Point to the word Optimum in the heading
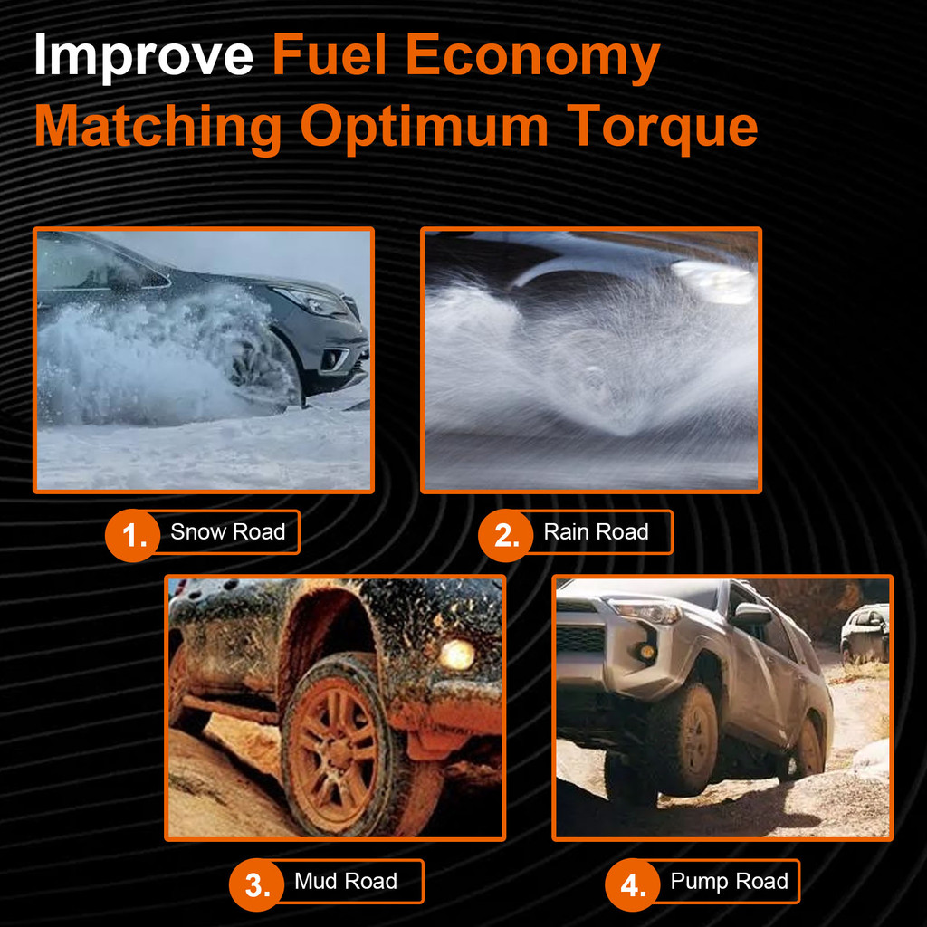click(x=425, y=128)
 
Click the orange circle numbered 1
click(x=132, y=535)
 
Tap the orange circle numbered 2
click(x=505, y=535)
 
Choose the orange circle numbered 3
click(x=256, y=884)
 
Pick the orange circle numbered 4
click(x=633, y=884)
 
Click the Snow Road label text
click(x=227, y=531)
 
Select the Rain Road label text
click(x=596, y=531)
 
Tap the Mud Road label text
click(x=346, y=881)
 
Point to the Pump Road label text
click(x=729, y=882)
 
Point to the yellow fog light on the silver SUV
click(x=646, y=652)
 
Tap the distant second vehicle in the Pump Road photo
click(x=865, y=633)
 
